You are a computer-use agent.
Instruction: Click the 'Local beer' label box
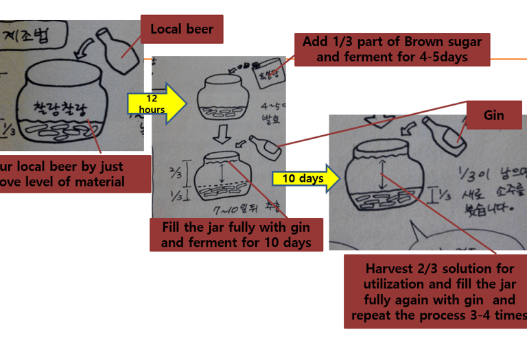pyautogui.click(x=182, y=29)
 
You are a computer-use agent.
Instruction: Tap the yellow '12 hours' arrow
pyautogui.click(x=156, y=104)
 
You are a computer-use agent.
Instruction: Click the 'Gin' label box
pyautogui.click(x=494, y=115)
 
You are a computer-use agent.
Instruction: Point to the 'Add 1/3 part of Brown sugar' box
pyautogui.click(x=392, y=49)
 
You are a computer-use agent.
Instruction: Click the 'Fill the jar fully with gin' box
pyautogui.click(x=236, y=235)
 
